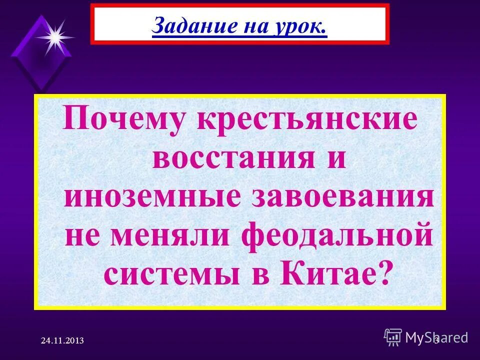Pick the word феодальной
click(x=337, y=234)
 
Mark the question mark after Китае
click(x=382, y=273)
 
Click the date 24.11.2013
click(x=62, y=340)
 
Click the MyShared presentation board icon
click(x=393, y=337)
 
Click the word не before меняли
click(x=85, y=234)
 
